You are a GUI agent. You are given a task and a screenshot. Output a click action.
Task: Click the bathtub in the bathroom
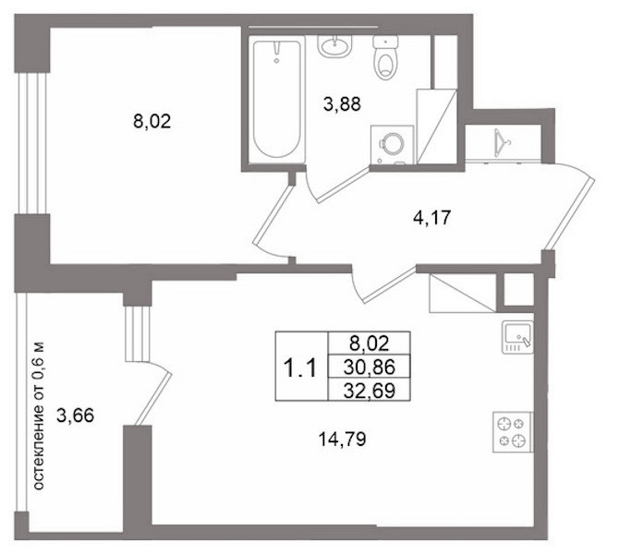click(x=277, y=99)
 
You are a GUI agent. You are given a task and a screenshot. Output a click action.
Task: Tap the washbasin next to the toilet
click(x=334, y=46)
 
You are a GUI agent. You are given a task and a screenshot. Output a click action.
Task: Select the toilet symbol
click(x=385, y=57)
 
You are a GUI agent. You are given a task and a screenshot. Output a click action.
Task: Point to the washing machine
click(x=392, y=145)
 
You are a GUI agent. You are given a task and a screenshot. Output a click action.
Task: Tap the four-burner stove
click(x=513, y=432)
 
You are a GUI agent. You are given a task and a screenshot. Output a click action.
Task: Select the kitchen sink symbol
click(x=517, y=337)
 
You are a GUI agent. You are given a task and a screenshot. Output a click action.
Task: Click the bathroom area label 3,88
click(x=342, y=105)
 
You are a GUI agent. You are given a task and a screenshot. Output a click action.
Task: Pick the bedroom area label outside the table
click(x=152, y=121)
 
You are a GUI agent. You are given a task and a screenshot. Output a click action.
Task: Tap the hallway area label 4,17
click(x=431, y=218)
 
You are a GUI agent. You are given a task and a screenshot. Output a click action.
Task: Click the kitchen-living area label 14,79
click(x=342, y=440)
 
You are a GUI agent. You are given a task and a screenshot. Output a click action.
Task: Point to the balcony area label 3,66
click(x=76, y=415)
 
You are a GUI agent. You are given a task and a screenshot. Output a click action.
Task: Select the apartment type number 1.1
click(x=300, y=369)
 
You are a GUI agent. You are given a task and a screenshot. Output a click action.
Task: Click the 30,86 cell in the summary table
click(x=370, y=367)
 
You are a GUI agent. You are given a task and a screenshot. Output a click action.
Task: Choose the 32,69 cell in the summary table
click(x=370, y=390)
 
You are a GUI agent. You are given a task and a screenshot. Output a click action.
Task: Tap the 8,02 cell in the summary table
click(x=370, y=343)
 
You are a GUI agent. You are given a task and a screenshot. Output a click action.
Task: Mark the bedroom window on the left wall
click(x=32, y=143)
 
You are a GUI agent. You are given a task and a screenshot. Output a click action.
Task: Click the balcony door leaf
click(x=153, y=398)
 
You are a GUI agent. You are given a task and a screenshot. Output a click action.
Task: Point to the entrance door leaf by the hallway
click(x=568, y=213)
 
